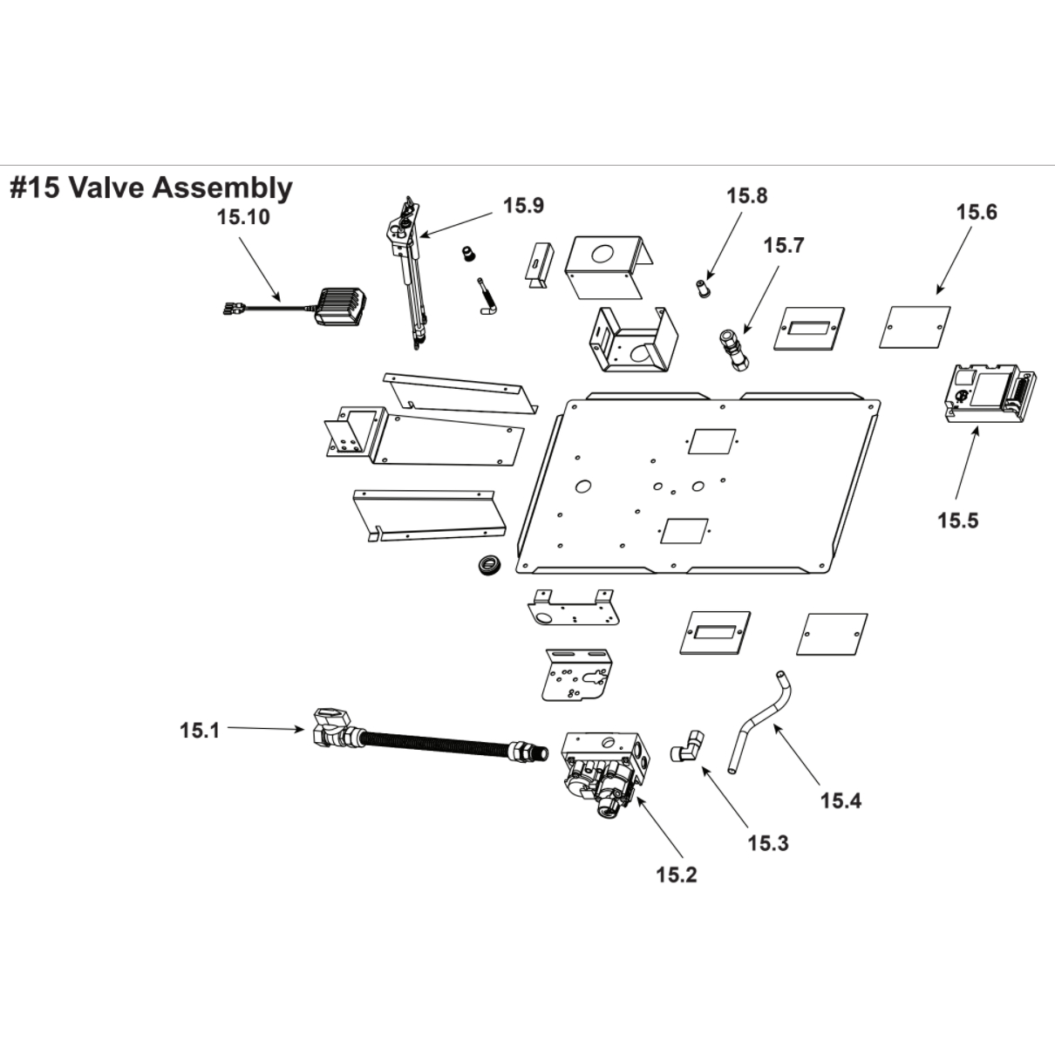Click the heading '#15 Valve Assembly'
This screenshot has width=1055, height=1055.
151,187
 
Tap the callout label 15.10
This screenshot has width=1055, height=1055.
243,217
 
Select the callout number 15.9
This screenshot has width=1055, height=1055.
523,205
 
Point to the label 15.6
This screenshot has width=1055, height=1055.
977,212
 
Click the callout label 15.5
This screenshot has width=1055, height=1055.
957,521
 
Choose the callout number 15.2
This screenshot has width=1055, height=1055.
677,875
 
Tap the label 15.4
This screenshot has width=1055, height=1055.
841,800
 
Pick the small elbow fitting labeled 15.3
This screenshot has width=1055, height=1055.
688,747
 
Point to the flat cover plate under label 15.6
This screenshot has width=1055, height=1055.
915,326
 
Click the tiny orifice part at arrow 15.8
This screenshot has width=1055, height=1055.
703,287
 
